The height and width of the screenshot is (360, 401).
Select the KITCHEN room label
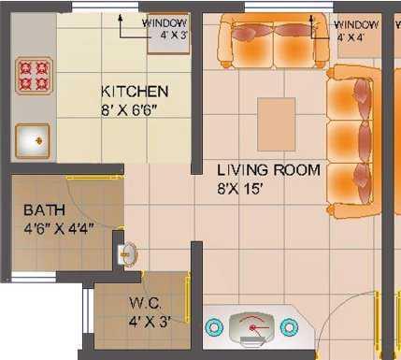click(135, 92)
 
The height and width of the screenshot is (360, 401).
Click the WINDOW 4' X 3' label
click(165, 30)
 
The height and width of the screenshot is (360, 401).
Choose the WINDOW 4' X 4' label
click(357, 30)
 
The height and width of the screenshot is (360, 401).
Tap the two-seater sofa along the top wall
click(271, 40)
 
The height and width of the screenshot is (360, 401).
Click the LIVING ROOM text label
click(268, 170)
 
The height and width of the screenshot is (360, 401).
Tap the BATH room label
click(44, 209)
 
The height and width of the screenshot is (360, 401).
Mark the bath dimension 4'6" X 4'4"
click(59, 226)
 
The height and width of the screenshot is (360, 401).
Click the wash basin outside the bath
click(128, 252)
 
